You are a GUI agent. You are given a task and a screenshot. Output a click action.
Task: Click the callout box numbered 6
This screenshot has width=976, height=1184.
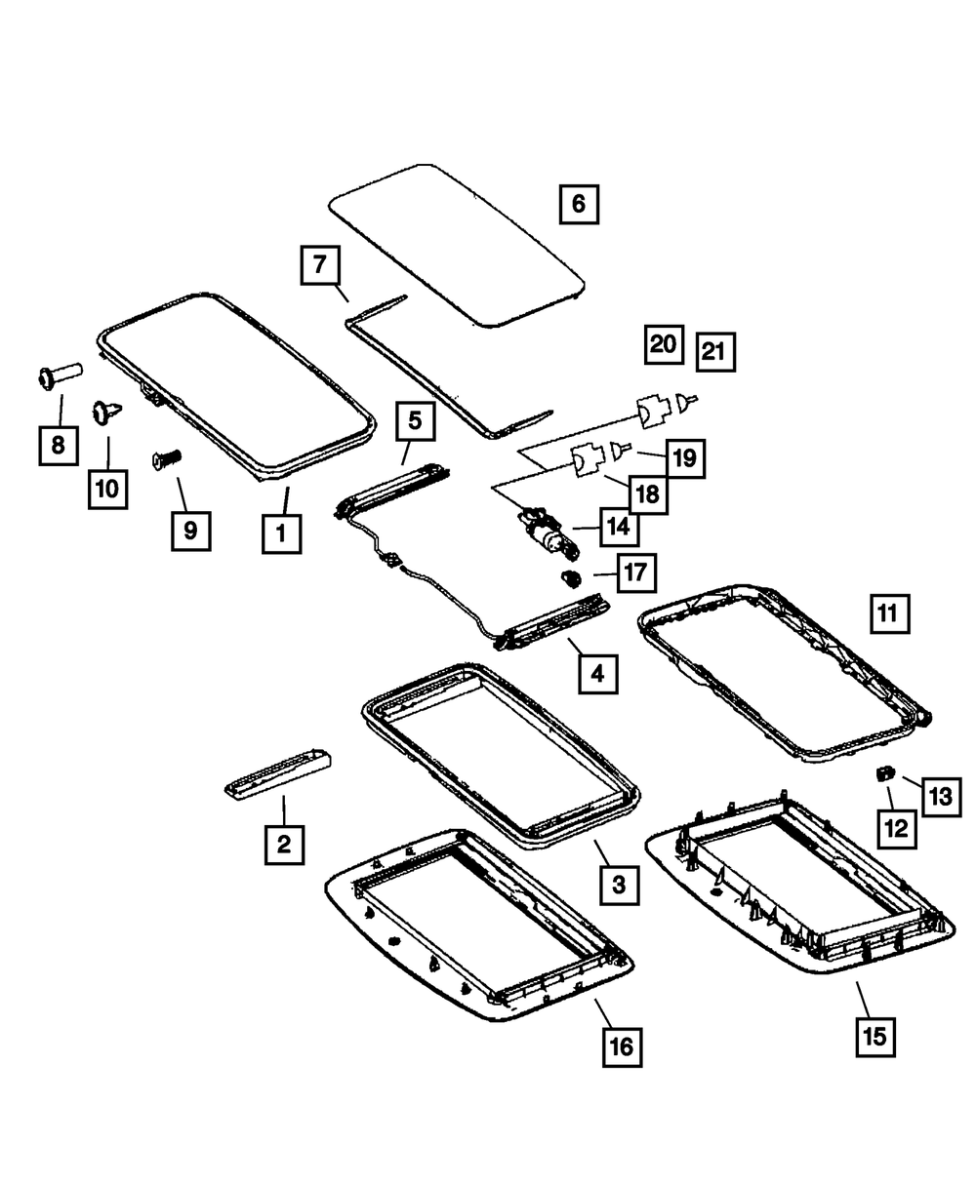(578, 205)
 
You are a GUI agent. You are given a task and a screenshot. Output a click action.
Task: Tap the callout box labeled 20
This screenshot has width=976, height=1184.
(664, 343)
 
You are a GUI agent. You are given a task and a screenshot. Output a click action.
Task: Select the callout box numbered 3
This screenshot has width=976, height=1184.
(619, 885)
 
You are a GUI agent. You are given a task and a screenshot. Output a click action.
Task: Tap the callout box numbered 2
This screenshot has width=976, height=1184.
(283, 844)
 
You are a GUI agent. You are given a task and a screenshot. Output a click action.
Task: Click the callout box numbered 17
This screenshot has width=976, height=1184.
(635, 572)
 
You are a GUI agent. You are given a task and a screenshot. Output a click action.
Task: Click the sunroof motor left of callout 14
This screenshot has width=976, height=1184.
(543, 532)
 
